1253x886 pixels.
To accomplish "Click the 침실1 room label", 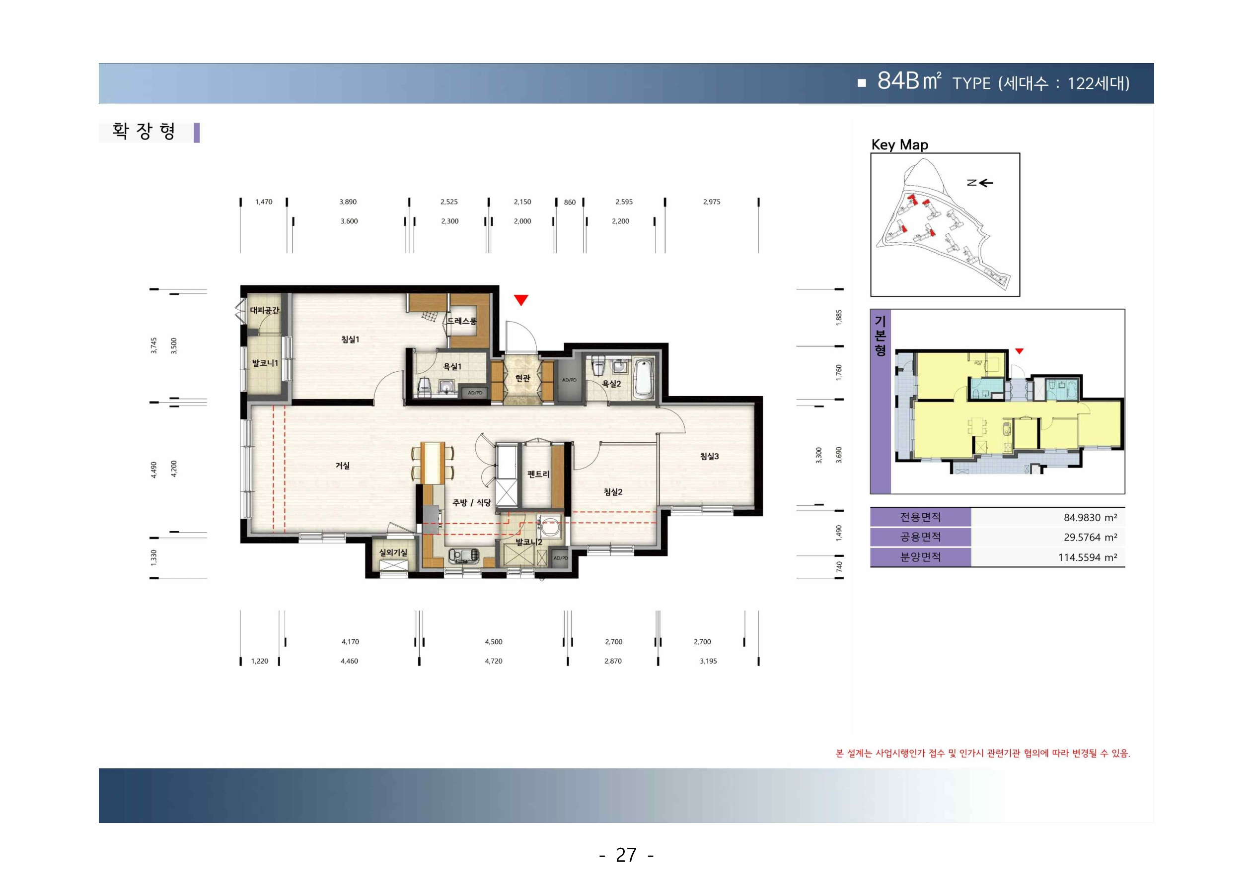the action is pyautogui.click(x=350, y=340).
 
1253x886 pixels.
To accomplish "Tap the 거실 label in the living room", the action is pyautogui.click(x=343, y=466).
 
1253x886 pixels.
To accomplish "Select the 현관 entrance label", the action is pyautogui.click(x=523, y=378).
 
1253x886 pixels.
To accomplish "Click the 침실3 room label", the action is pyautogui.click(x=710, y=456).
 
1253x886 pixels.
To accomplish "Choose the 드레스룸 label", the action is pyautogui.click(x=462, y=321).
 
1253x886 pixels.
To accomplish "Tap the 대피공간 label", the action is pyautogui.click(x=265, y=310).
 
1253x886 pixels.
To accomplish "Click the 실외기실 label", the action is pyautogui.click(x=393, y=552).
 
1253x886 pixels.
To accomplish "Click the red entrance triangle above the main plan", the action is pyautogui.click(x=521, y=299).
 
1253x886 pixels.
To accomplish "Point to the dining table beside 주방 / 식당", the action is pyautogui.click(x=432, y=463).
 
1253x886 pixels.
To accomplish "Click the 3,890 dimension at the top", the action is pyautogui.click(x=348, y=202).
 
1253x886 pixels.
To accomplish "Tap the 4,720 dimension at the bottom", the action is pyautogui.click(x=493, y=661).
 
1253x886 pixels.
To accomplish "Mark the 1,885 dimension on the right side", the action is pyautogui.click(x=839, y=318).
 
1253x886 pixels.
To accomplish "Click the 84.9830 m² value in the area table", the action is pyautogui.click(x=1090, y=517).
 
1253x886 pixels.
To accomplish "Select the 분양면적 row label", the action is pyautogui.click(x=920, y=557).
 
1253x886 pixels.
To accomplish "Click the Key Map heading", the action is pyautogui.click(x=899, y=144).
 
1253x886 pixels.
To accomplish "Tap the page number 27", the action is pyautogui.click(x=626, y=854).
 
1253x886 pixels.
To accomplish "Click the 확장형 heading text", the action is pyautogui.click(x=144, y=131).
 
